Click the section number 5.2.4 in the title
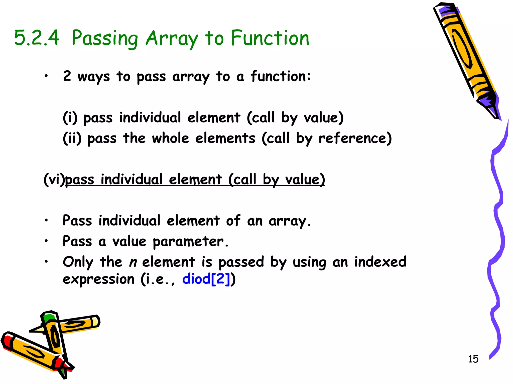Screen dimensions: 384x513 click(x=37, y=38)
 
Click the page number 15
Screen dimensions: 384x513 click(x=473, y=359)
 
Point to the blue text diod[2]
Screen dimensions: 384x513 click(x=206, y=279)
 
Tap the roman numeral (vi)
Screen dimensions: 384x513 click(x=54, y=179)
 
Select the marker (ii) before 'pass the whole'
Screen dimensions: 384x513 click(x=72, y=138)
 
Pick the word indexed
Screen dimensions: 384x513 click(x=380, y=262)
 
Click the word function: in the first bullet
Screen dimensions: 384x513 click(x=281, y=76)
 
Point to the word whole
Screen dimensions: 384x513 click(x=170, y=138)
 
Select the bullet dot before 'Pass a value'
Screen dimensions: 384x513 click(x=46, y=241)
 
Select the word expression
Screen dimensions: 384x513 click(x=98, y=279)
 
